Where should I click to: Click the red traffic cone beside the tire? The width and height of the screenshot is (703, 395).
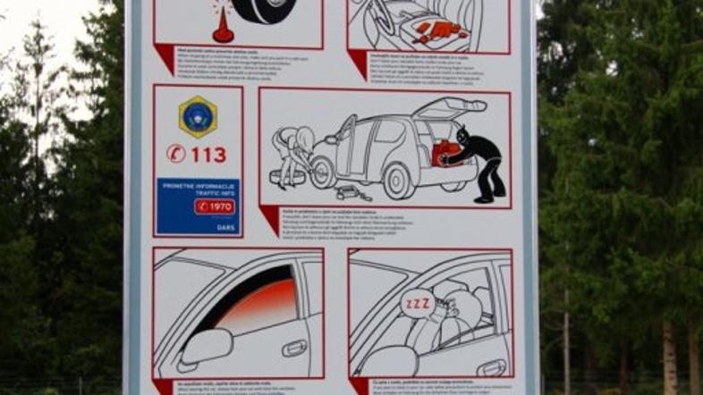click(x=223, y=27)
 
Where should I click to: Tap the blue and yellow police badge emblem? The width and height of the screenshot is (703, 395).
click(x=197, y=117)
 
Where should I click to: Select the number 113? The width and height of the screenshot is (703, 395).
click(x=208, y=155)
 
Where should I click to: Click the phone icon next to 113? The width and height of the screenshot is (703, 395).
click(x=176, y=154)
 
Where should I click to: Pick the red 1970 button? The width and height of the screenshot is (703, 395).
click(x=215, y=206)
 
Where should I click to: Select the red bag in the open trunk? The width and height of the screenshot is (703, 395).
click(x=445, y=153)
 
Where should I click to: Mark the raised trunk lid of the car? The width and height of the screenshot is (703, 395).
click(x=450, y=108)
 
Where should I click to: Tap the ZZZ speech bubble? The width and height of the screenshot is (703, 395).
click(x=417, y=304)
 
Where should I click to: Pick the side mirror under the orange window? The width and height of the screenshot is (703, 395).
click(x=205, y=347)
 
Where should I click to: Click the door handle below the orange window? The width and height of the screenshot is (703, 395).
click(x=294, y=349)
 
